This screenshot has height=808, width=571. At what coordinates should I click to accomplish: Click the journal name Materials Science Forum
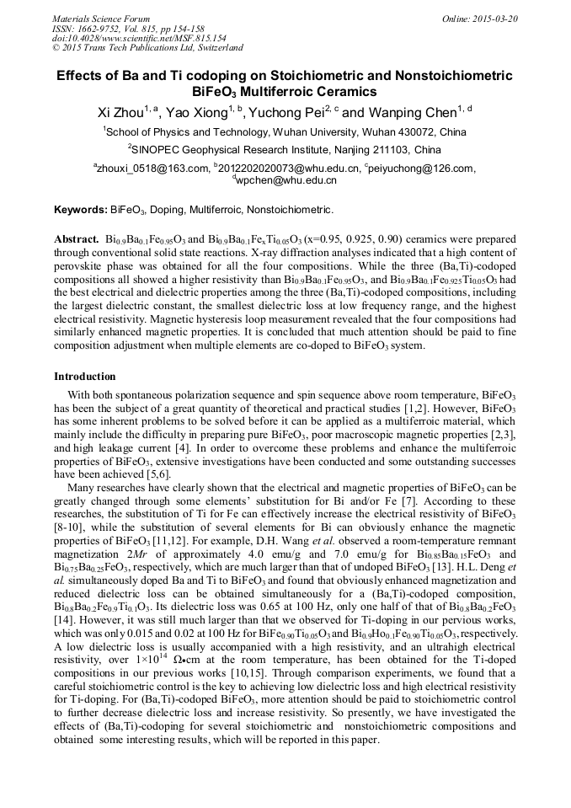coord(101,19)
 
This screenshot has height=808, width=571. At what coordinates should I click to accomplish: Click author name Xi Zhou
coord(120,112)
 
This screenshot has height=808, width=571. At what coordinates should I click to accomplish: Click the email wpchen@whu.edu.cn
coord(286,180)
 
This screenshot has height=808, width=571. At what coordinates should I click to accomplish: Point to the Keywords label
coord(80,210)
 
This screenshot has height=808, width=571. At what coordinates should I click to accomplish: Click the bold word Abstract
coord(77,239)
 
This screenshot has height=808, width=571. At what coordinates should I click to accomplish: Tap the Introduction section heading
coord(85,376)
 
